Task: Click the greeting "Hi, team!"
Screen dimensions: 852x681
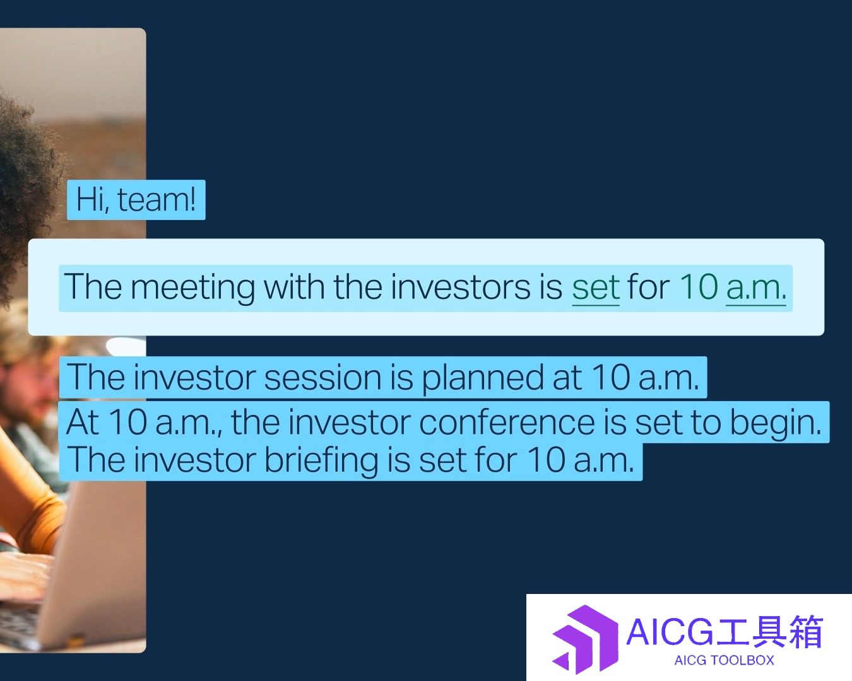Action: point(136,199)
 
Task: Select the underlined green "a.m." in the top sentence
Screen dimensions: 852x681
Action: point(756,288)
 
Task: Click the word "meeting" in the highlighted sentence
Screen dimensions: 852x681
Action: point(193,288)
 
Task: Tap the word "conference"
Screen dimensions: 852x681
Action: point(506,423)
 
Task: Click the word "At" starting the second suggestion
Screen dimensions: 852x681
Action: point(83,422)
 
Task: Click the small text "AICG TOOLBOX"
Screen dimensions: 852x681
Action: point(724,660)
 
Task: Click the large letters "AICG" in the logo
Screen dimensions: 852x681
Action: point(670,632)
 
